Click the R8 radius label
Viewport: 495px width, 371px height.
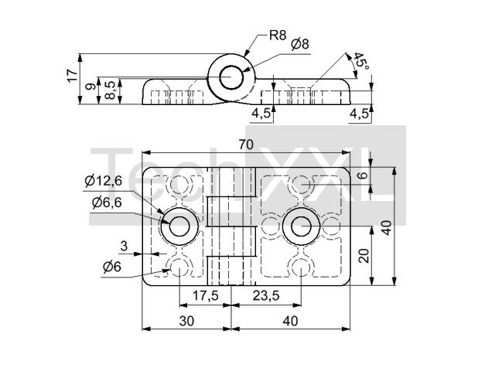[x=278, y=35]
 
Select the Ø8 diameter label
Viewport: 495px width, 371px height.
[x=300, y=45]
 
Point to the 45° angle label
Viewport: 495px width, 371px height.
[x=360, y=63]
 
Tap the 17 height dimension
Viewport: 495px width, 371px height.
[x=72, y=75]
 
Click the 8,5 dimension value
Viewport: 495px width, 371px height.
[x=111, y=90]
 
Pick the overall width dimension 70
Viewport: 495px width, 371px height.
[x=246, y=145]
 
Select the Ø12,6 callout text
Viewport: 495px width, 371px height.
[x=104, y=182]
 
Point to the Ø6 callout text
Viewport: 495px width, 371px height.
[x=111, y=267]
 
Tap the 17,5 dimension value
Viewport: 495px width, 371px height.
[x=205, y=295]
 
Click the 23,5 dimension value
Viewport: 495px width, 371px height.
[x=265, y=295]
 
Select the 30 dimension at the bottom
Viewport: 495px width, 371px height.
[x=186, y=320]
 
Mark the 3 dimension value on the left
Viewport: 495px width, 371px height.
[x=124, y=246]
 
